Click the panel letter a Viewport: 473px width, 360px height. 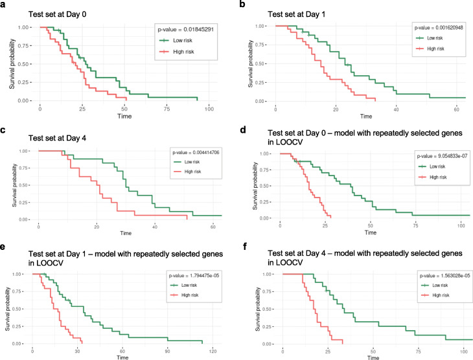click(x=5, y=5)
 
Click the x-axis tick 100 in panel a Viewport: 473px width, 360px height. click(x=209, y=109)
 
